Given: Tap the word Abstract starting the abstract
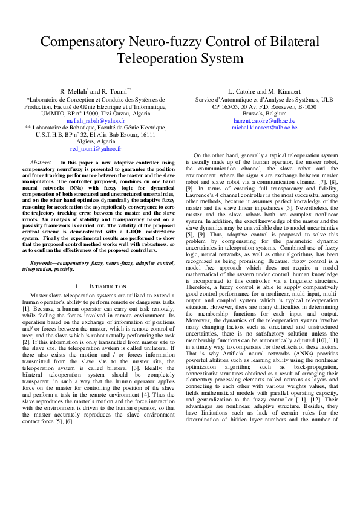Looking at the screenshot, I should click(x=41, y=163).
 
